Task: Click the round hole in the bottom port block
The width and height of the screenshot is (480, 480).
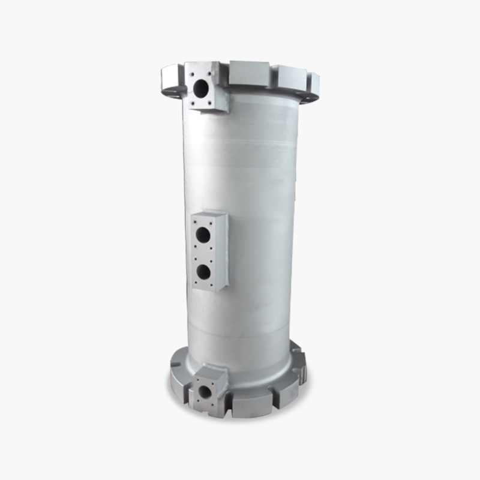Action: pyautogui.click(x=204, y=393)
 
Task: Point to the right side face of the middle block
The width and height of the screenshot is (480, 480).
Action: pyautogui.click(x=224, y=252)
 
